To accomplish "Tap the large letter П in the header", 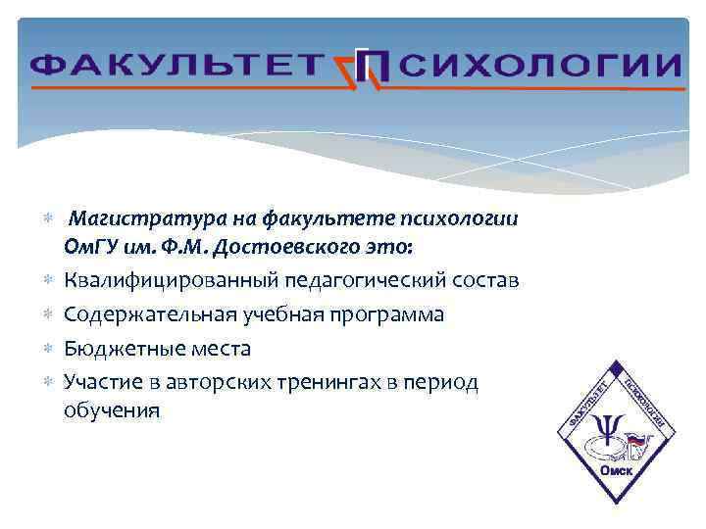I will tap(374, 68).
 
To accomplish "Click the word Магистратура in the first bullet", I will tap(142, 216).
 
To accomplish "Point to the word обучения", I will tap(111, 409).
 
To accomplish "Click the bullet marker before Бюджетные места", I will tap(49, 349).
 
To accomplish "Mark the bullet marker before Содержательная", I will tap(49, 314).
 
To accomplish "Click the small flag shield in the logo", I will tap(637, 443).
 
